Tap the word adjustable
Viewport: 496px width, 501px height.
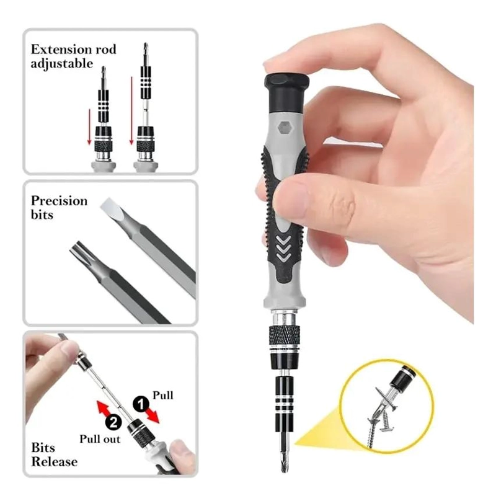pyautogui.click(x=61, y=64)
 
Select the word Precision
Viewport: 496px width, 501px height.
pyautogui.click(x=59, y=201)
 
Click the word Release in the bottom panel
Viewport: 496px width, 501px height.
pyautogui.click(x=55, y=462)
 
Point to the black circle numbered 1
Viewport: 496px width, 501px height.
pyautogui.click(x=141, y=404)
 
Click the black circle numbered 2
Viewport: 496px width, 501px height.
pyautogui.click(x=113, y=422)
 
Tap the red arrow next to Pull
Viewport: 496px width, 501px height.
pyautogui.click(x=153, y=415)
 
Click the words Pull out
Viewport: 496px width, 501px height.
pyautogui.click(x=100, y=439)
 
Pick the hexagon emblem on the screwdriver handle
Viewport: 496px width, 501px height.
pyautogui.click(x=284, y=127)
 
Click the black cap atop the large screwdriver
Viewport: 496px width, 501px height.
pyautogui.click(x=286, y=92)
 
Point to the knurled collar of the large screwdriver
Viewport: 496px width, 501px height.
pyautogui.click(x=285, y=335)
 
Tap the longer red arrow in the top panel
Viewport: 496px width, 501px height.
pyautogui.click(x=131, y=110)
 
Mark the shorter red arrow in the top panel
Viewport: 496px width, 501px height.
pyautogui.click(x=89, y=127)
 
